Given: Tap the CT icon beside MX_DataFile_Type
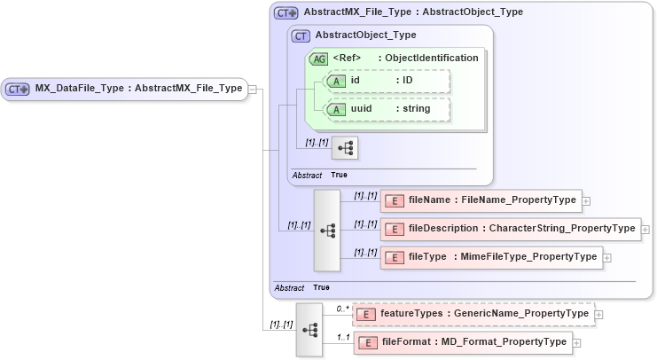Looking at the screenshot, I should click(19, 89).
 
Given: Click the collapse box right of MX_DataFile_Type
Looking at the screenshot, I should click(253, 89).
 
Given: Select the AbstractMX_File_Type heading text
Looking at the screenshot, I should click(412, 12).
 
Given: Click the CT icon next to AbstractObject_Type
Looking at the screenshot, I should click(301, 35).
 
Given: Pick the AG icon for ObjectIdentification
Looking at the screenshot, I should click(317, 58).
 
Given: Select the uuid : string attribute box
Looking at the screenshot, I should click(387, 109).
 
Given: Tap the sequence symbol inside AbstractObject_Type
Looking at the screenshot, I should click(344, 147).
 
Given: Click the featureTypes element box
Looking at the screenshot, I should click(472, 314).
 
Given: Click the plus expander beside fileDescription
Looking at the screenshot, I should click(645, 230).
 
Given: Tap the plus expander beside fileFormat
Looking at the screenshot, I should click(577, 342).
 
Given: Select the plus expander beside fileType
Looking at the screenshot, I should click(607, 258).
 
